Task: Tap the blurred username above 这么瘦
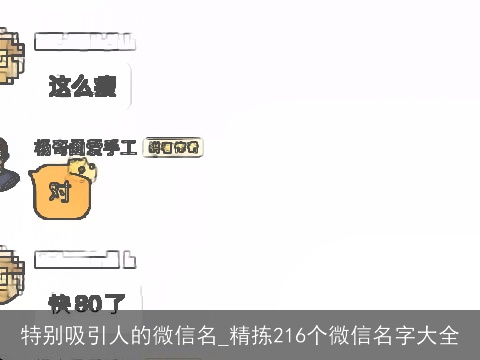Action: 84,41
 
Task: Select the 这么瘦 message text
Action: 82,88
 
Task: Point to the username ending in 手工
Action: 99,148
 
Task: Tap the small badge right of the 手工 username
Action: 174,148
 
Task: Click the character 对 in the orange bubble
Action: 60,192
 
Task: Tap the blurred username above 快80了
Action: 84,261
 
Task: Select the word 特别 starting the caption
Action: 43,335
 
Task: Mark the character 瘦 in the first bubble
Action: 104,88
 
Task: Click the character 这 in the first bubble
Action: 61,88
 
